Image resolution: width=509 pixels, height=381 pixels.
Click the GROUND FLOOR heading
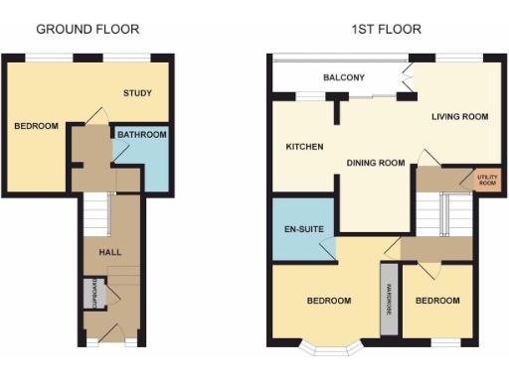coord(87,30)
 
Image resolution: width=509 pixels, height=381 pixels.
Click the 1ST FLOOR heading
coord(386,30)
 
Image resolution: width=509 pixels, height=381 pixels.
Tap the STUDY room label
coord(137,93)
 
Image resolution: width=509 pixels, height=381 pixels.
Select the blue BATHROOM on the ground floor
coord(141,157)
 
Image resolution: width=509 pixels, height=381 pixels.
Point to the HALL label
coord(109,252)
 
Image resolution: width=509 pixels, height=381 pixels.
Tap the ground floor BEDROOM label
coord(36,126)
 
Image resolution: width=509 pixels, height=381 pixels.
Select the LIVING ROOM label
coord(459,117)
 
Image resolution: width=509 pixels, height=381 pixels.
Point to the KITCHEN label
coord(304,147)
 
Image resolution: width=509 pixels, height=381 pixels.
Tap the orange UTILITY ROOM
coord(486,180)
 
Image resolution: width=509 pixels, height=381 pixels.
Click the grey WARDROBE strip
coord(387,299)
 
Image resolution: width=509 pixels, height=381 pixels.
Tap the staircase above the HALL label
coord(95,212)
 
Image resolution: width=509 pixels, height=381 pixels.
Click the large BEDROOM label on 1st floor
coord(328,301)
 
